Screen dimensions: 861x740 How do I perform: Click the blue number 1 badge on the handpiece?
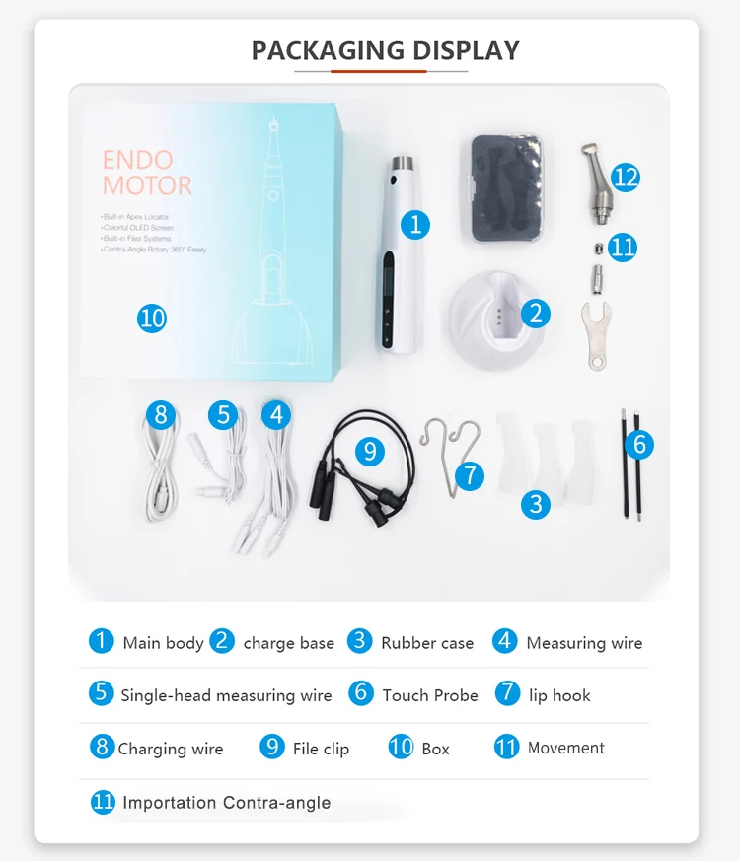[415, 225]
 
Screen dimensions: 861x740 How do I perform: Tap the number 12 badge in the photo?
[626, 178]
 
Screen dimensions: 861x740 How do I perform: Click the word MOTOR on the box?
[147, 185]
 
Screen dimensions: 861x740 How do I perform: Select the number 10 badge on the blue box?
[152, 319]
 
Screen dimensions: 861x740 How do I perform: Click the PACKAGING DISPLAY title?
[385, 50]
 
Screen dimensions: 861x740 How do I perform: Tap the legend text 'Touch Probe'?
[430, 696]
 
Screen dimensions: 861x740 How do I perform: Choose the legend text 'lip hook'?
[559, 696]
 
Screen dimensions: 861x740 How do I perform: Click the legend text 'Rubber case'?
[427, 643]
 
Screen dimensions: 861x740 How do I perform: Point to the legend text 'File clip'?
[321, 750]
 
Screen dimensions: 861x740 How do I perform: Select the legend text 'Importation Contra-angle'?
[227, 803]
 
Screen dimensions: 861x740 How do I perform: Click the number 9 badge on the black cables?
[370, 451]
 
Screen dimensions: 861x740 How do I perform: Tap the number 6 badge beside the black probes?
[639, 445]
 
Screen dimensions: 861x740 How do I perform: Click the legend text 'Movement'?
[566, 748]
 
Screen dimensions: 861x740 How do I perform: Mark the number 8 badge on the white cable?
[161, 414]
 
